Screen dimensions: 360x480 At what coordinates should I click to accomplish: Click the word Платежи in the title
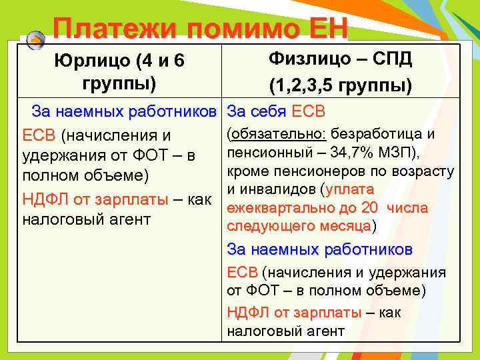[113, 28]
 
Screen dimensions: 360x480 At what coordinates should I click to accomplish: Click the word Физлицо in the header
[306, 59]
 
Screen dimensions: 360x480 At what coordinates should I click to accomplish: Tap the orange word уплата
[353, 190]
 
